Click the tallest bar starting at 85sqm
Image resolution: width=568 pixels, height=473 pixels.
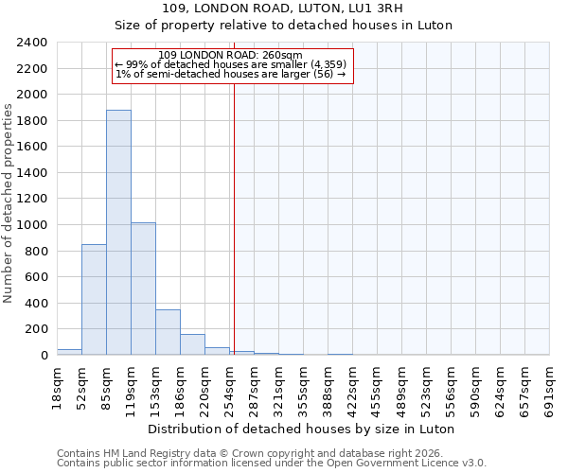(x=118, y=233)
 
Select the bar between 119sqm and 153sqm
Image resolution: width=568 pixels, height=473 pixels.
(x=143, y=289)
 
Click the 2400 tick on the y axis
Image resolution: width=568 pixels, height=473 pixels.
(x=31, y=43)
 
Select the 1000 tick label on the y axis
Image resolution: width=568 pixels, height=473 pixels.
(x=31, y=225)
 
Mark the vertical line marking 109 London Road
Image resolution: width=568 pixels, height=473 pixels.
(x=234, y=218)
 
